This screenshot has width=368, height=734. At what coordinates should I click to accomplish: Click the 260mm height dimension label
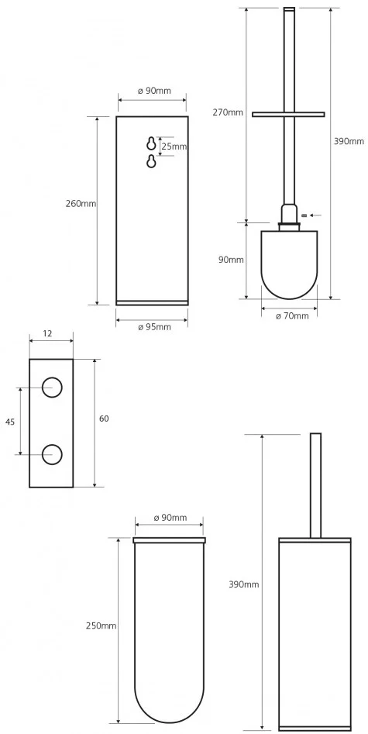pos(81,204)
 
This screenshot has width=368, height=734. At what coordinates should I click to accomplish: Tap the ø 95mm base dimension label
pos(154,327)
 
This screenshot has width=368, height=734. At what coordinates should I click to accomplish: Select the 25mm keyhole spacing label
pos(174,146)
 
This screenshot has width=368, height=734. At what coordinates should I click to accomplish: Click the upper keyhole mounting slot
pos(151,143)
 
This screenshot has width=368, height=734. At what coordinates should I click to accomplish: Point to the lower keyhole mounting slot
pos(151,161)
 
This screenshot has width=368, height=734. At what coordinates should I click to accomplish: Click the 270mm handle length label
pos(228,112)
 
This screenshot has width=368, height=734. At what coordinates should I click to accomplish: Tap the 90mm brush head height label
pos(232,260)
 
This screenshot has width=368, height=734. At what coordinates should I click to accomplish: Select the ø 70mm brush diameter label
pos(292,316)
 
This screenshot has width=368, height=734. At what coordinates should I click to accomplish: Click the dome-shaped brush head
pos(289,264)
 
